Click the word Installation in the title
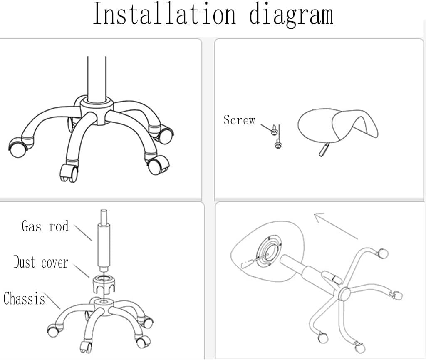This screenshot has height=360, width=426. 164,14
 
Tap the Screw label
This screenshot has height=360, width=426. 239,120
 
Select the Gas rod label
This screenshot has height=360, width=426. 45,226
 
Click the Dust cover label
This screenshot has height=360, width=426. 41,262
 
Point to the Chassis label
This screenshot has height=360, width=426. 24,298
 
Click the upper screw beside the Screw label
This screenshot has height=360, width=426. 274,130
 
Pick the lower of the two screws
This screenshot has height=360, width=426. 278,144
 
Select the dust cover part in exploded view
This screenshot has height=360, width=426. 104,284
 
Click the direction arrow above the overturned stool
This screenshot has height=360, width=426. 336,226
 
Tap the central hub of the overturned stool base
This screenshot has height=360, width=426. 344,294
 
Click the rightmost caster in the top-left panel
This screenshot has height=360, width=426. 165,135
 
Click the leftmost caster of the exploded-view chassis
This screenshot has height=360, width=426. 53,330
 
